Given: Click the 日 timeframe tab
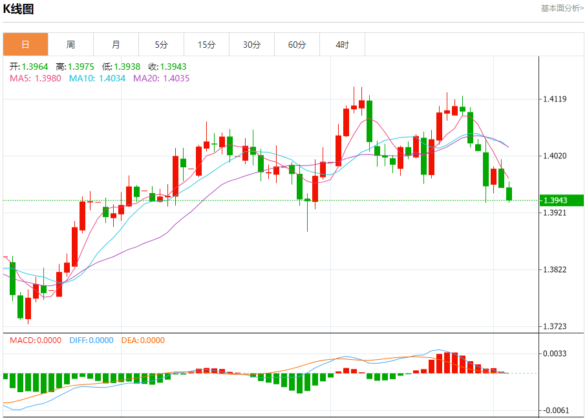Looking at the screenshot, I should [x=25, y=45].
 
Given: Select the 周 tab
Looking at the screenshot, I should [x=70, y=45].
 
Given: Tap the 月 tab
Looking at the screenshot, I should [x=116, y=45].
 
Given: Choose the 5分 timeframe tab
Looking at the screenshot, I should [x=161, y=45].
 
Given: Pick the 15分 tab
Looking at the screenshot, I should [x=206, y=45].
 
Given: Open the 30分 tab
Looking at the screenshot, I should [x=251, y=45].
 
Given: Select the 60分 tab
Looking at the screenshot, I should [x=297, y=45].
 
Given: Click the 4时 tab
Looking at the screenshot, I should [x=342, y=45].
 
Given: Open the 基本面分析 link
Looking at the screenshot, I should [x=562, y=8].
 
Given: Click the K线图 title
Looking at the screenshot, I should [x=19, y=9].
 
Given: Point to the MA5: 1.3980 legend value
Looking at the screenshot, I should [x=36, y=78].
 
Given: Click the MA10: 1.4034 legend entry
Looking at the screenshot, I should [x=98, y=78].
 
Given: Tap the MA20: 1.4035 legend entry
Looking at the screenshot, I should [x=161, y=78].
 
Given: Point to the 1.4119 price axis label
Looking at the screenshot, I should [x=555, y=99].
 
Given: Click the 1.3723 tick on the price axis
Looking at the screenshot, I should [x=555, y=326].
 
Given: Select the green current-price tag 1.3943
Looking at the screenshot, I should [x=561, y=200].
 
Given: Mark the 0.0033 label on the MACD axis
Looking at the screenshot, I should [x=555, y=353].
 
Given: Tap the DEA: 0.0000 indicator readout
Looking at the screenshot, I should [x=143, y=340].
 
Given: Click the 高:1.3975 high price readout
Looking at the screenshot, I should [x=75, y=66].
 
